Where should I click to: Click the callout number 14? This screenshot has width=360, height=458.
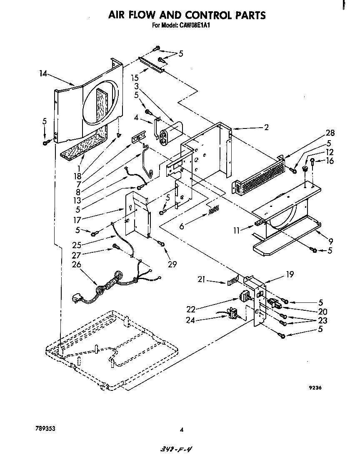[x=42, y=73]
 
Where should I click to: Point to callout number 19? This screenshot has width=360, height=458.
[x=290, y=274]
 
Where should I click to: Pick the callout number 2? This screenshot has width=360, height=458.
[x=266, y=127]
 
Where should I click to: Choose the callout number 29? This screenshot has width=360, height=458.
[x=172, y=264]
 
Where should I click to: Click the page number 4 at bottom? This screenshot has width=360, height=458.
[x=181, y=430]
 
